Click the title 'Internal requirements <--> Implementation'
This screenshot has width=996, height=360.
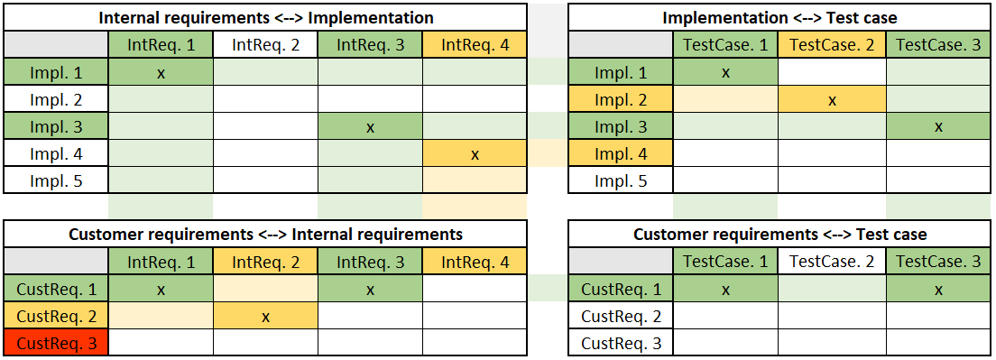(265, 18)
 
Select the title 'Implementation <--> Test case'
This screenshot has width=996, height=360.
(779, 18)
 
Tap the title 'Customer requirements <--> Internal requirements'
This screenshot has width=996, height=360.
(265, 235)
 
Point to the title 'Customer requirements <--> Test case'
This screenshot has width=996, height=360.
(779, 235)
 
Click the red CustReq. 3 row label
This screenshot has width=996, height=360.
(56, 343)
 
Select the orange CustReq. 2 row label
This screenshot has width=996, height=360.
(56, 317)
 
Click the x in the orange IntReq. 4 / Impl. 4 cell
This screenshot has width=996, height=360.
(475, 154)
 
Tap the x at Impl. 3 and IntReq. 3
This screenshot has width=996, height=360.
(370, 127)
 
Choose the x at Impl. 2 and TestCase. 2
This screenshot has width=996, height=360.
(832, 100)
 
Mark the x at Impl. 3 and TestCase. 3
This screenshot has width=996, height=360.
(938, 127)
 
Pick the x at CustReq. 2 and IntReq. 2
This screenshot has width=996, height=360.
(265, 317)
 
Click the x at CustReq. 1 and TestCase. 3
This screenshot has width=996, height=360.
(938, 290)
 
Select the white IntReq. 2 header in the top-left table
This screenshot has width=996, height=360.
(265, 44)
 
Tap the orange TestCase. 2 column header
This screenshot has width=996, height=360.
(832, 44)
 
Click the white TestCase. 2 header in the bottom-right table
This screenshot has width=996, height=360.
(832, 262)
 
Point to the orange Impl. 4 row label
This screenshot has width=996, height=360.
(621, 154)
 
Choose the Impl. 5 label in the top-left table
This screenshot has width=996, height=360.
(56, 180)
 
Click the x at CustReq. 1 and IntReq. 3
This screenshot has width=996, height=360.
(370, 290)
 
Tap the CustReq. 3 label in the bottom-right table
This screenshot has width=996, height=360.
(621, 343)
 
